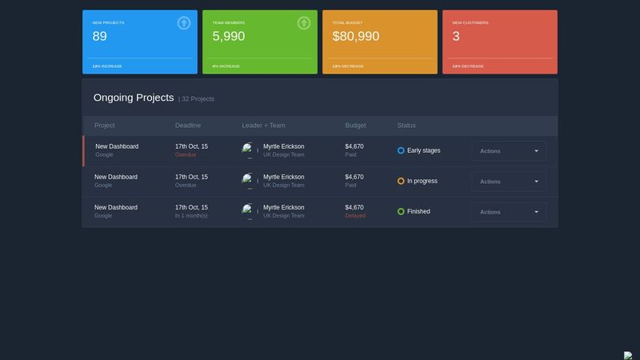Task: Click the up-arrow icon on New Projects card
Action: [184, 23]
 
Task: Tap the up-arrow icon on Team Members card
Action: [304, 23]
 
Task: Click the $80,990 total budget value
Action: [356, 36]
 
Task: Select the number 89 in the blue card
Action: [100, 36]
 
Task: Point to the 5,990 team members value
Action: [229, 36]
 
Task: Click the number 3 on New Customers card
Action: [456, 36]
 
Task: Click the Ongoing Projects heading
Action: [134, 98]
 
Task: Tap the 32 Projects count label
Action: [198, 99]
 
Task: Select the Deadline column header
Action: [188, 126]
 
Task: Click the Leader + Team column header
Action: [263, 126]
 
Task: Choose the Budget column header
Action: [355, 126]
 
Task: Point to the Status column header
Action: [406, 126]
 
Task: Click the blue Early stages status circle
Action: [401, 150]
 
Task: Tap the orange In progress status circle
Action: [401, 182]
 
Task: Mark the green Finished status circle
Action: [401, 212]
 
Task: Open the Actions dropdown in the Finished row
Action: [509, 212]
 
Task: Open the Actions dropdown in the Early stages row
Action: [509, 151]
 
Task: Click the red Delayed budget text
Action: [355, 216]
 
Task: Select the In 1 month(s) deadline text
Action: [191, 216]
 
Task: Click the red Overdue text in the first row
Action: [186, 155]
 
